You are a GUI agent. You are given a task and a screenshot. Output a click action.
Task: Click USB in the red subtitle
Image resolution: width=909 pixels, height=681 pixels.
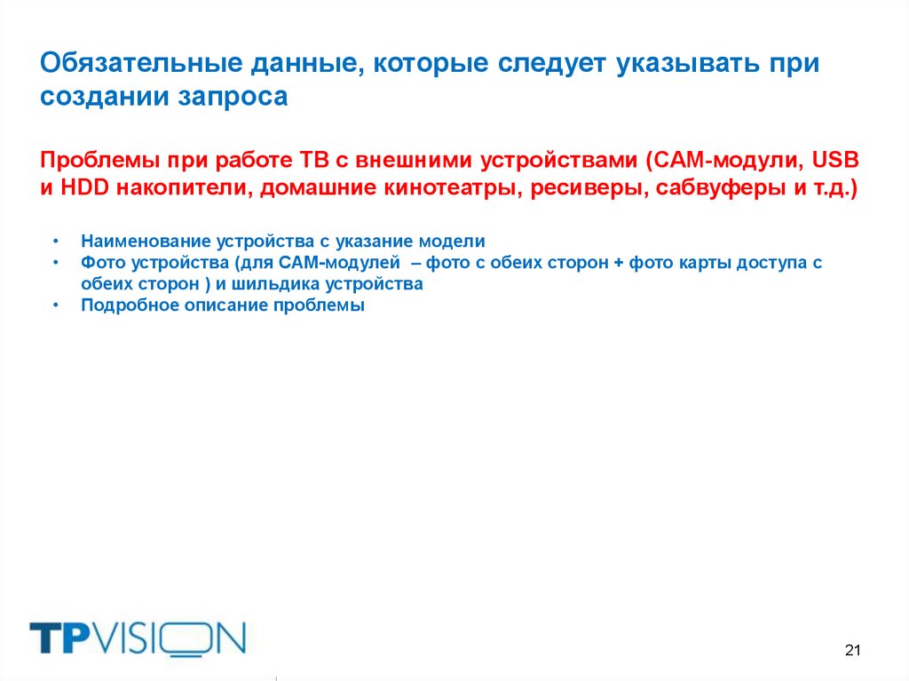click(837, 160)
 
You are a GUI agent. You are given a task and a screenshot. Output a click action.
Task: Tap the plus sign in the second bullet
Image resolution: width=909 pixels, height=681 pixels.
click(618, 264)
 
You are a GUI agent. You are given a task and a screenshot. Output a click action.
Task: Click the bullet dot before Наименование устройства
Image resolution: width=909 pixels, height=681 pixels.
click(56, 242)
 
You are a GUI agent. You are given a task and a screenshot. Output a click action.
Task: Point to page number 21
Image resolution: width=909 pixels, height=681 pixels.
click(853, 651)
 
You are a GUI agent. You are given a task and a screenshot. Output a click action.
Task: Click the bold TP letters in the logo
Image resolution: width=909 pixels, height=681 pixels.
click(60, 638)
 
